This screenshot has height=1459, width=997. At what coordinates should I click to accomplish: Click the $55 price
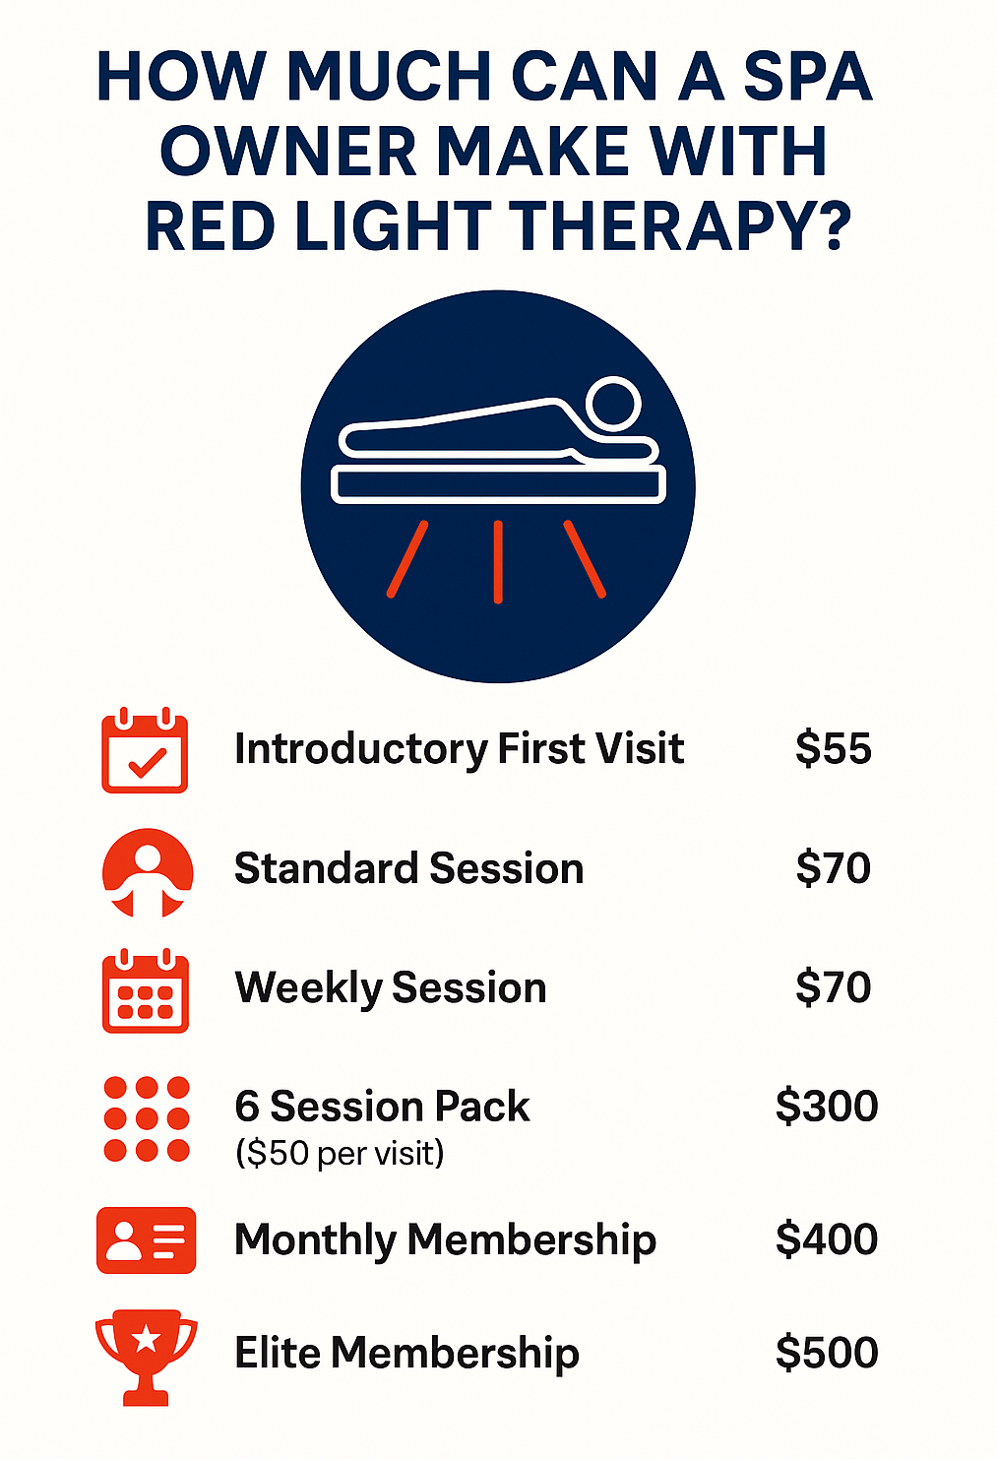coord(833,748)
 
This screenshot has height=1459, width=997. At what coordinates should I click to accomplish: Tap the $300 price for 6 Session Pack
coord(827,1106)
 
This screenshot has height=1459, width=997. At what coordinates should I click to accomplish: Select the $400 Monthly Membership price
coord(827,1238)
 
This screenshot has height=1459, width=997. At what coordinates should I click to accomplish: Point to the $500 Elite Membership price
coord(827,1352)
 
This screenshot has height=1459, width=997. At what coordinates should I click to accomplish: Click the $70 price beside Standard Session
coord(833,867)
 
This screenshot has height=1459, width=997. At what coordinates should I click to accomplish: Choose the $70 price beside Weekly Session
coord(833,986)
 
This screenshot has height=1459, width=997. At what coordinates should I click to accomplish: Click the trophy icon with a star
coord(146,1357)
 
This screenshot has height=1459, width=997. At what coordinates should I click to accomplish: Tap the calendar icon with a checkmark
coord(145,750)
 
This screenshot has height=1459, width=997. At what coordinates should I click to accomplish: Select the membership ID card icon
coord(146,1239)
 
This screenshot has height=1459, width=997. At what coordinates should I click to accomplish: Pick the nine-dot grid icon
coord(147,1118)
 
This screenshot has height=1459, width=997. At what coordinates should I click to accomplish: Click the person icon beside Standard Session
coord(148,873)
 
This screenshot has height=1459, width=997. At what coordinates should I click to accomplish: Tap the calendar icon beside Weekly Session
coord(146,990)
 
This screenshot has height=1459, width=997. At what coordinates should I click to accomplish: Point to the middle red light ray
coord(498,561)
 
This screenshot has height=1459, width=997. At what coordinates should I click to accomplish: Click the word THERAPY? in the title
coord(679,226)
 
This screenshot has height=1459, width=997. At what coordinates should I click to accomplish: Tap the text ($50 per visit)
coord(340,1153)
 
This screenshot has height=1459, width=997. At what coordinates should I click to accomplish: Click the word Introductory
coord(361,749)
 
